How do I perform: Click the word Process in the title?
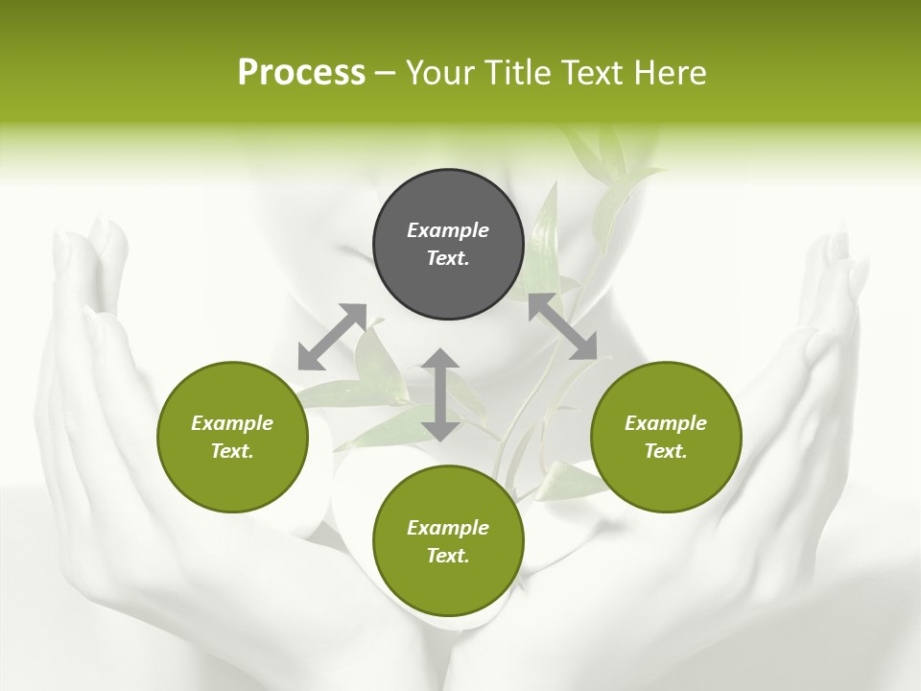pos(301,73)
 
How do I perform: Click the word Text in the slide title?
pos(592,73)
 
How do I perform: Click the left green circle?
pos(232,437)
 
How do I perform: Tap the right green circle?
pos(665,437)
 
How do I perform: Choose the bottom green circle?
pos(448,541)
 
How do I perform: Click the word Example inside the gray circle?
pos(448,230)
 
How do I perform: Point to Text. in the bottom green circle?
pos(448,556)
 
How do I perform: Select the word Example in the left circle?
pos(232,423)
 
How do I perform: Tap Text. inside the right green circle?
pos(665,451)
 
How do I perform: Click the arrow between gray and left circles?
pos(332,337)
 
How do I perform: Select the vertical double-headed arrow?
pos(440,394)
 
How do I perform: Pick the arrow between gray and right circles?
pos(562,326)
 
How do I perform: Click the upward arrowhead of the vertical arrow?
pos(440,359)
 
